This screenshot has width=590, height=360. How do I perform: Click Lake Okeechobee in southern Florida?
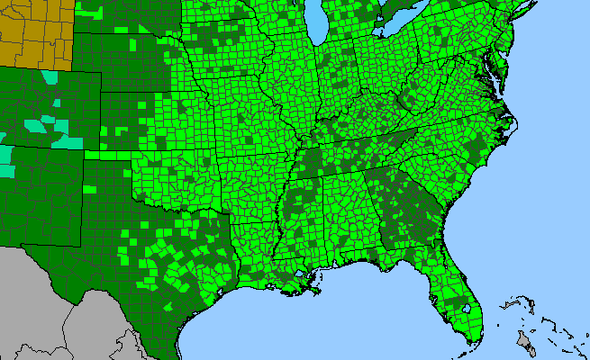click(x=470, y=305)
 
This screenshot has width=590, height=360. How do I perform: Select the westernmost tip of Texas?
click(x=25, y=245)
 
